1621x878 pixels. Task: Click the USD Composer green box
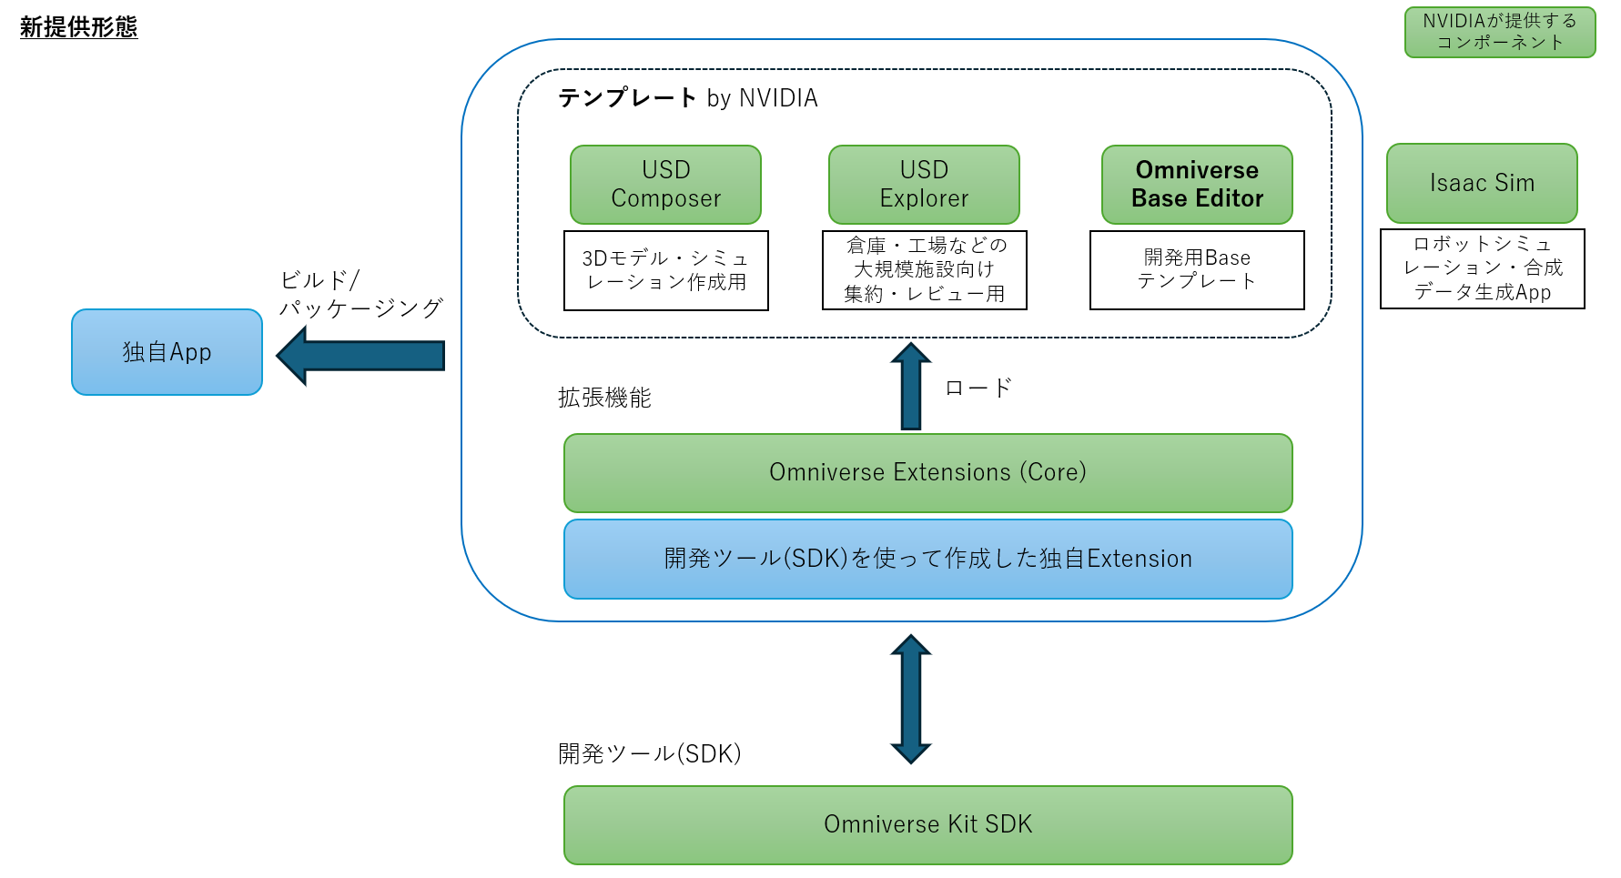(x=665, y=185)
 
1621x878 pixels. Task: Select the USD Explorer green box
(x=924, y=185)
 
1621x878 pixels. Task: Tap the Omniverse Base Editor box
(x=1197, y=185)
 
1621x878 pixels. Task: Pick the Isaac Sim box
(x=1482, y=183)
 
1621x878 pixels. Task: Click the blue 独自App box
(x=167, y=352)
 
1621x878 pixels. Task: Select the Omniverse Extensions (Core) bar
(x=927, y=472)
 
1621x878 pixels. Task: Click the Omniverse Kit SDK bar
(x=927, y=824)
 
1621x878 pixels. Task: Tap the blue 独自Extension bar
(x=927, y=559)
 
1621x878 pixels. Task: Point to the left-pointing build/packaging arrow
(x=360, y=356)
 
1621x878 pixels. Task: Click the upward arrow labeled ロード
(x=910, y=388)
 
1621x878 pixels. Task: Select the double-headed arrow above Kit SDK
(x=910, y=699)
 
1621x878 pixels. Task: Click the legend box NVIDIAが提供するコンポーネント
(x=1499, y=32)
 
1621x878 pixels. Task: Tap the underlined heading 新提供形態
(x=78, y=27)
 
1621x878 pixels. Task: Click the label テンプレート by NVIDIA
(x=687, y=98)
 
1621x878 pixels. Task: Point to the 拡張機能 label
(x=604, y=398)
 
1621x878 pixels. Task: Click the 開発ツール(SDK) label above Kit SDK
(x=649, y=753)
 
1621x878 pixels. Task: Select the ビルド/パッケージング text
(x=360, y=294)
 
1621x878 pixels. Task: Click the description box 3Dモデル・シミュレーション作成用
(x=665, y=270)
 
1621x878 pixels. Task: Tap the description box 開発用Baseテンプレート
(x=1197, y=269)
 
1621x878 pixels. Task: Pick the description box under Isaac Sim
(x=1482, y=268)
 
